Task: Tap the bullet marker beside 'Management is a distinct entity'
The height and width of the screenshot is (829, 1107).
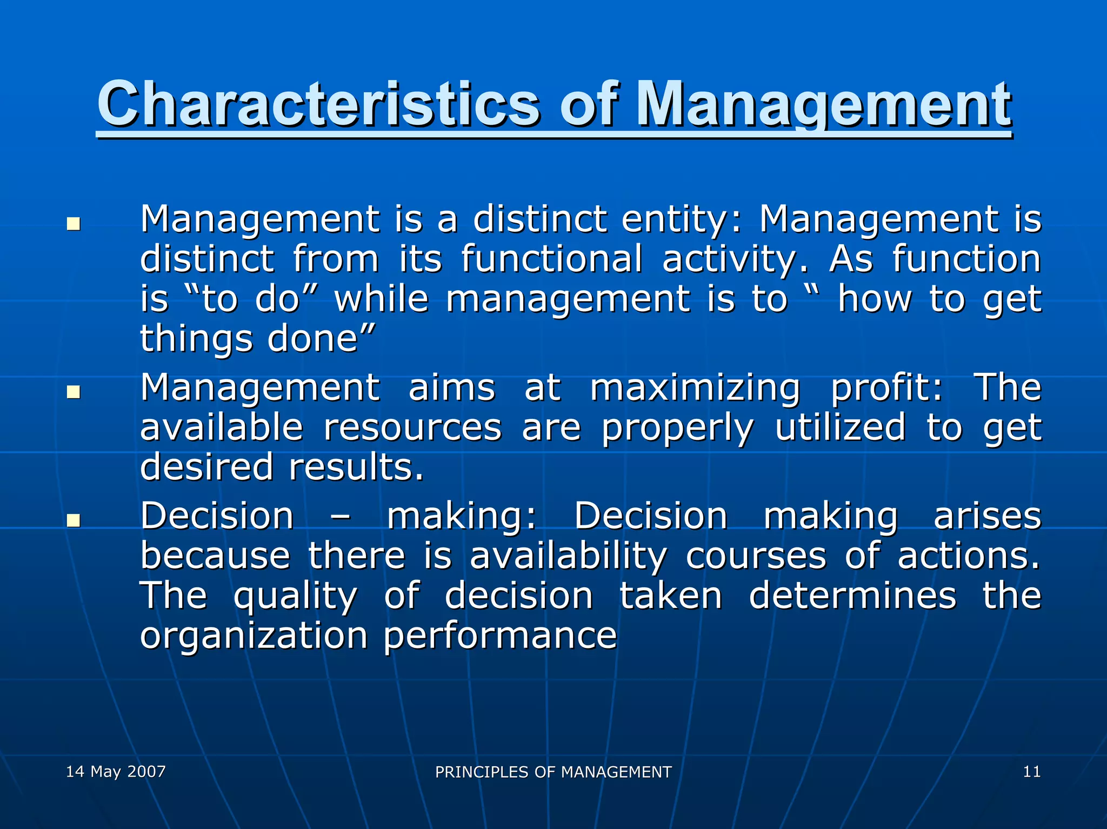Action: (73, 223)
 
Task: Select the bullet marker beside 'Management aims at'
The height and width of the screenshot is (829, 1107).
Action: (73, 392)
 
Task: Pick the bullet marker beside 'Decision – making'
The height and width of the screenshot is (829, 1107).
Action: (73, 520)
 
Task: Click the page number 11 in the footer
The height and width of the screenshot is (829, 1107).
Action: (1031, 771)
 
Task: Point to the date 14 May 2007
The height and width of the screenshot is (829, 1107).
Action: (116, 771)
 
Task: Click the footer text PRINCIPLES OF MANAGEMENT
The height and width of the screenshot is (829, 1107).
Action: (553, 772)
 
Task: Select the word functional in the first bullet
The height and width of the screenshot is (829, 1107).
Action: (551, 259)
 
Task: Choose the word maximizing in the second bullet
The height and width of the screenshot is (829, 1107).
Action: (694, 388)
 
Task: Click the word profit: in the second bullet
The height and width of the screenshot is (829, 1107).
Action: (886, 388)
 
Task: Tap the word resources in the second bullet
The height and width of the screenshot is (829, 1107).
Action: (412, 427)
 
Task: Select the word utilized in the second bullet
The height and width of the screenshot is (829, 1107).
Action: (840, 427)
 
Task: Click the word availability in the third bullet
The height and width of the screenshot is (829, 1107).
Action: (568, 556)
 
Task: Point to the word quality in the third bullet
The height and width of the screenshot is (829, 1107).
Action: (295, 596)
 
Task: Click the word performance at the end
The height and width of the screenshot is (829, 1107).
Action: (500, 636)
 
